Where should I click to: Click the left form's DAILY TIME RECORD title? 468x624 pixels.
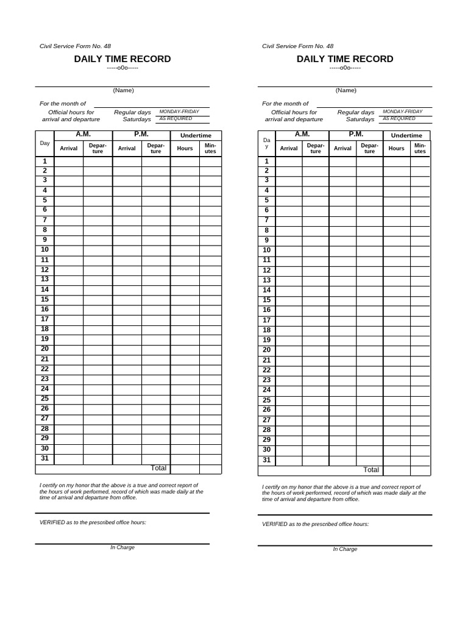click(122, 59)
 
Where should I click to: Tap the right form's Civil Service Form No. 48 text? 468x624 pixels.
click(297, 46)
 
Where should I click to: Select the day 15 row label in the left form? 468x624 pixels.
click(44, 299)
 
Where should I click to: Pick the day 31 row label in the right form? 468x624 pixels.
click(266, 460)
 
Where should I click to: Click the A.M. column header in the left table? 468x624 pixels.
click(83, 134)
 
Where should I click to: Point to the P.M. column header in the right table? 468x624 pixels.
click(356, 134)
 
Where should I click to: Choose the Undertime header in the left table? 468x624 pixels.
click(196, 135)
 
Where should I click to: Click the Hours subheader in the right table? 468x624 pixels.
click(396, 148)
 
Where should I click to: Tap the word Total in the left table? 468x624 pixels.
click(158, 468)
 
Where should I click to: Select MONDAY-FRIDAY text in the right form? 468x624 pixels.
click(402, 112)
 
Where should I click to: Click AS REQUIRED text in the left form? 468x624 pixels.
click(175, 119)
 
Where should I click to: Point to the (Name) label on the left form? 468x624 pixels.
click(122, 90)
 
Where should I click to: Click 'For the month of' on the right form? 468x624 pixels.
click(285, 104)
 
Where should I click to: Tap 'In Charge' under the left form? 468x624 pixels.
click(122, 547)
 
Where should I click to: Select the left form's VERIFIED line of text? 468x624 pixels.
click(93, 523)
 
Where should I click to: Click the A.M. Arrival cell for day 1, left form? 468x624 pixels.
click(68, 161)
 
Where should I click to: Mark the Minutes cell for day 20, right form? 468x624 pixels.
click(420, 350)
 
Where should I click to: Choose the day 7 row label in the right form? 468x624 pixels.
click(266, 220)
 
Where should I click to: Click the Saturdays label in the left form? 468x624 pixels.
click(136, 119)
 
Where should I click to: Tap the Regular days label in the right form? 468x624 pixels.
click(356, 112)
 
